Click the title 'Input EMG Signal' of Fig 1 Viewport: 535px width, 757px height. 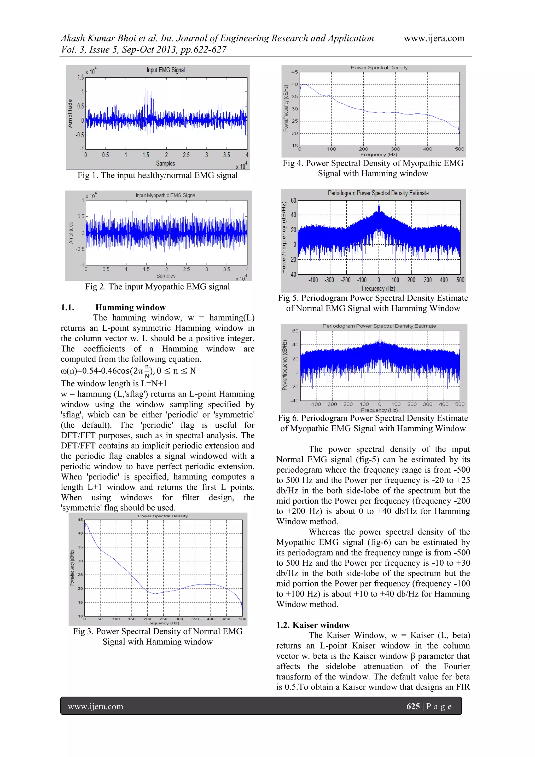[165, 70]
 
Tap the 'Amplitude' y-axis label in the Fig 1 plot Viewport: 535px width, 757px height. [70, 113]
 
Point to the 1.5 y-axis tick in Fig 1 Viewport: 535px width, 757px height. [80, 77]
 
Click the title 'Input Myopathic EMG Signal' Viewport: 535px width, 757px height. [166, 195]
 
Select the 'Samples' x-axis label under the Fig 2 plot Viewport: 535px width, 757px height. [166, 276]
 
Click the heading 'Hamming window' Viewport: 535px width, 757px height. [130, 307]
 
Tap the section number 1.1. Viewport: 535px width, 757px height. [68, 307]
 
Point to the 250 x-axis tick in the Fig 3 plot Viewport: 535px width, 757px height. [163, 619]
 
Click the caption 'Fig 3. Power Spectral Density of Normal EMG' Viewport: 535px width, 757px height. [158, 631]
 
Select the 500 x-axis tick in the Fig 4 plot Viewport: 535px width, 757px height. [459, 149]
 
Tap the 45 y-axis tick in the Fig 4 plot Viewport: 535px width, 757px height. [294, 72]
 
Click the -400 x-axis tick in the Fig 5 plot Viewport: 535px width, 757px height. [313, 280]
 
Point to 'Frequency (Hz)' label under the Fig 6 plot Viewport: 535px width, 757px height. [379, 410]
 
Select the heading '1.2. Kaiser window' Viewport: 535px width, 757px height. [313, 625]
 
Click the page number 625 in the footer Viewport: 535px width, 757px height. [413, 706]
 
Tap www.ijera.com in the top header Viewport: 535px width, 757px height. [434, 38]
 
